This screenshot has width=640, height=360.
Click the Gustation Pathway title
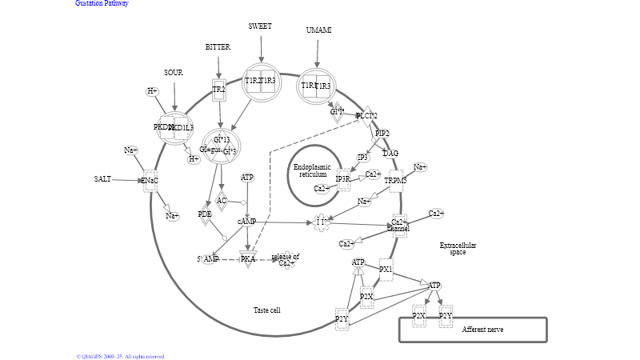click(x=102, y=3)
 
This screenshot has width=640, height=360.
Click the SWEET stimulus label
click(x=260, y=26)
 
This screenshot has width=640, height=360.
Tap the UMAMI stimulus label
click(x=318, y=30)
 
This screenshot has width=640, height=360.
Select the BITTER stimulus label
click(x=218, y=47)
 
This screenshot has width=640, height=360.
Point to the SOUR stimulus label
click(x=174, y=73)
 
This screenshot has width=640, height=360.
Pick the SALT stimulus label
click(x=102, y=179)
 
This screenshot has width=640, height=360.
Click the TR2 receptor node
click(x=218, y=90)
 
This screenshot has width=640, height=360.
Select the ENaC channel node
click(x=150, y=181)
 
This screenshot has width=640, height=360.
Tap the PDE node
click(x=205, y=214)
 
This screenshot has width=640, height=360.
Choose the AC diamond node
click(x=222, y=201)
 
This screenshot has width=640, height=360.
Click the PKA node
click(x=248, y=259)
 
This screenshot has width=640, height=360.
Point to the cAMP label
click(x=246, y=222)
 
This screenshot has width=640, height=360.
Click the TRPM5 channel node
click(x=395, y=181)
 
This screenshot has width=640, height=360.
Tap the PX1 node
click(x=386, y=270)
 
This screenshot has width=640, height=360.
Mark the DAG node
click(x=390, y=154)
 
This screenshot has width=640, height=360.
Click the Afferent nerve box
click(x=472, y=330)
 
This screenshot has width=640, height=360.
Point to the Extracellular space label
click(x=458, y=249)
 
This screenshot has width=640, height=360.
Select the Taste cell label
click(x=266, y=310)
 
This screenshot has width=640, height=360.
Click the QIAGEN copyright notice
click(x=120, y=356)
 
